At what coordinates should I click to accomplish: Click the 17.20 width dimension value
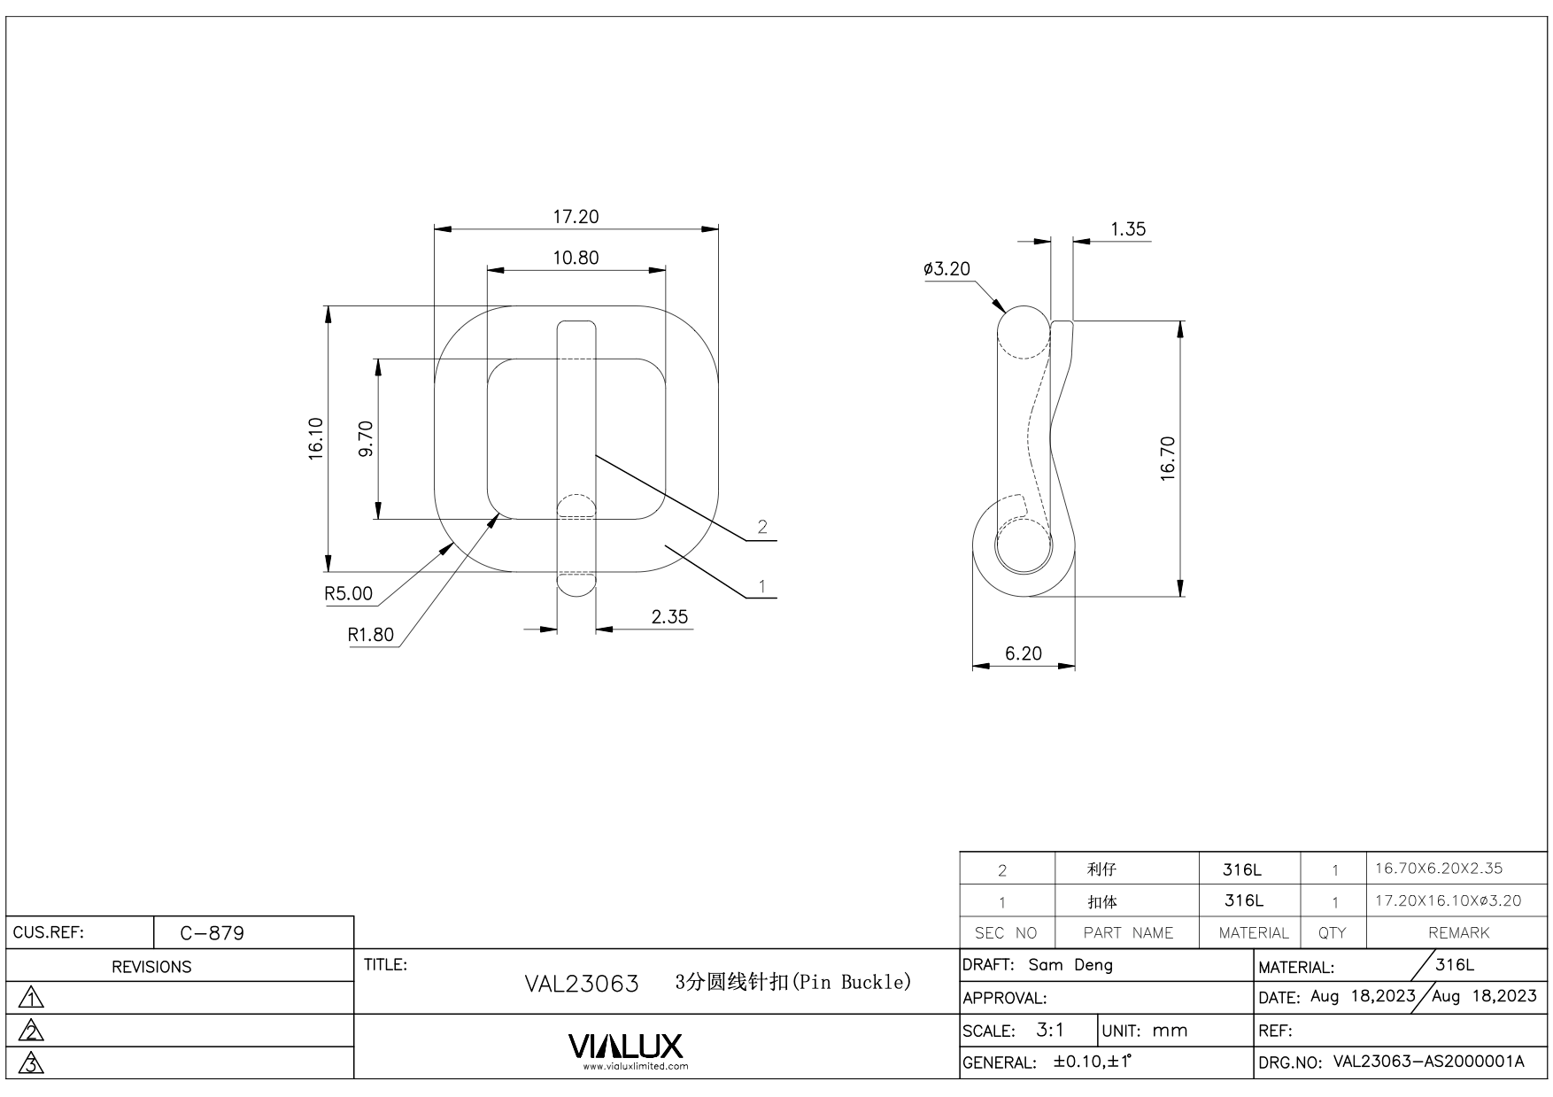[x=576, y=217]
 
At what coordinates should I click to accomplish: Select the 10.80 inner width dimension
[x=576, y=258]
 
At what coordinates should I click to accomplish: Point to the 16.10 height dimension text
[x=316, y=439]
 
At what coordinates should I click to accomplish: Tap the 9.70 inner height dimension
[x=366, y=439]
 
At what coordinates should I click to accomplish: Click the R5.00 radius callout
[x=349, y=593]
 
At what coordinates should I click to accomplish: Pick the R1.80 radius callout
[x=371, y=635]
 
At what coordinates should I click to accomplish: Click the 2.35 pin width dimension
[x=669, y=617]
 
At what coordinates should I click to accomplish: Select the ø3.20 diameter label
[x=946, y=269]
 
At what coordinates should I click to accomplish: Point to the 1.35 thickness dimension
[x=1128, y=229]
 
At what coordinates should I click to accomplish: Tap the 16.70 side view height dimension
[x=1167, y=459]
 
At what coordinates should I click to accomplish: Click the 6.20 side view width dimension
[x=1024, y=653]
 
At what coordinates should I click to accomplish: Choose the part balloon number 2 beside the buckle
[x=762, y=527]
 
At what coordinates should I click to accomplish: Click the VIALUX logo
[x=626, y=1047]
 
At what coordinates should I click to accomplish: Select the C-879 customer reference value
[x=212, y=933]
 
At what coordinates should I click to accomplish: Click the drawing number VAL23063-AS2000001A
[x=1428, y=1062]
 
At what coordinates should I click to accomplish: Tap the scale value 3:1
[x=1050, y=1031]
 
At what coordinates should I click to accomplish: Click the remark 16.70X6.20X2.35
[x=1439, y=869]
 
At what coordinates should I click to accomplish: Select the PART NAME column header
[x=1128, y=933]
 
